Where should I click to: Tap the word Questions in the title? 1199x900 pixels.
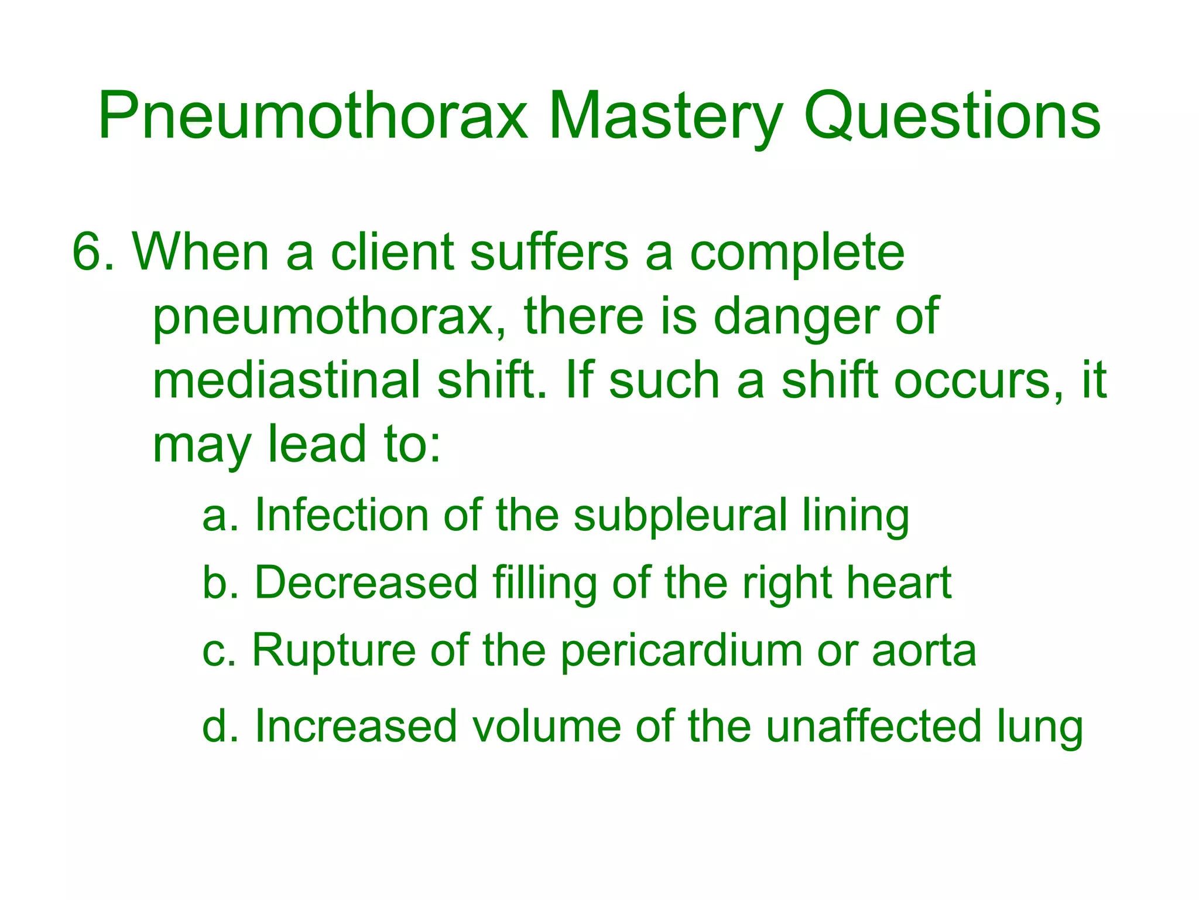pyautogui.click(x=952, y=117)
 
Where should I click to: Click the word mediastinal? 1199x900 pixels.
pyautogui.click(x=286, y=381)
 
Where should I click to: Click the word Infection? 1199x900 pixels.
pyautogui.click(x=341, y=516)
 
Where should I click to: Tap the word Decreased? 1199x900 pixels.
pyautogui.click(x=366, y=583)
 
